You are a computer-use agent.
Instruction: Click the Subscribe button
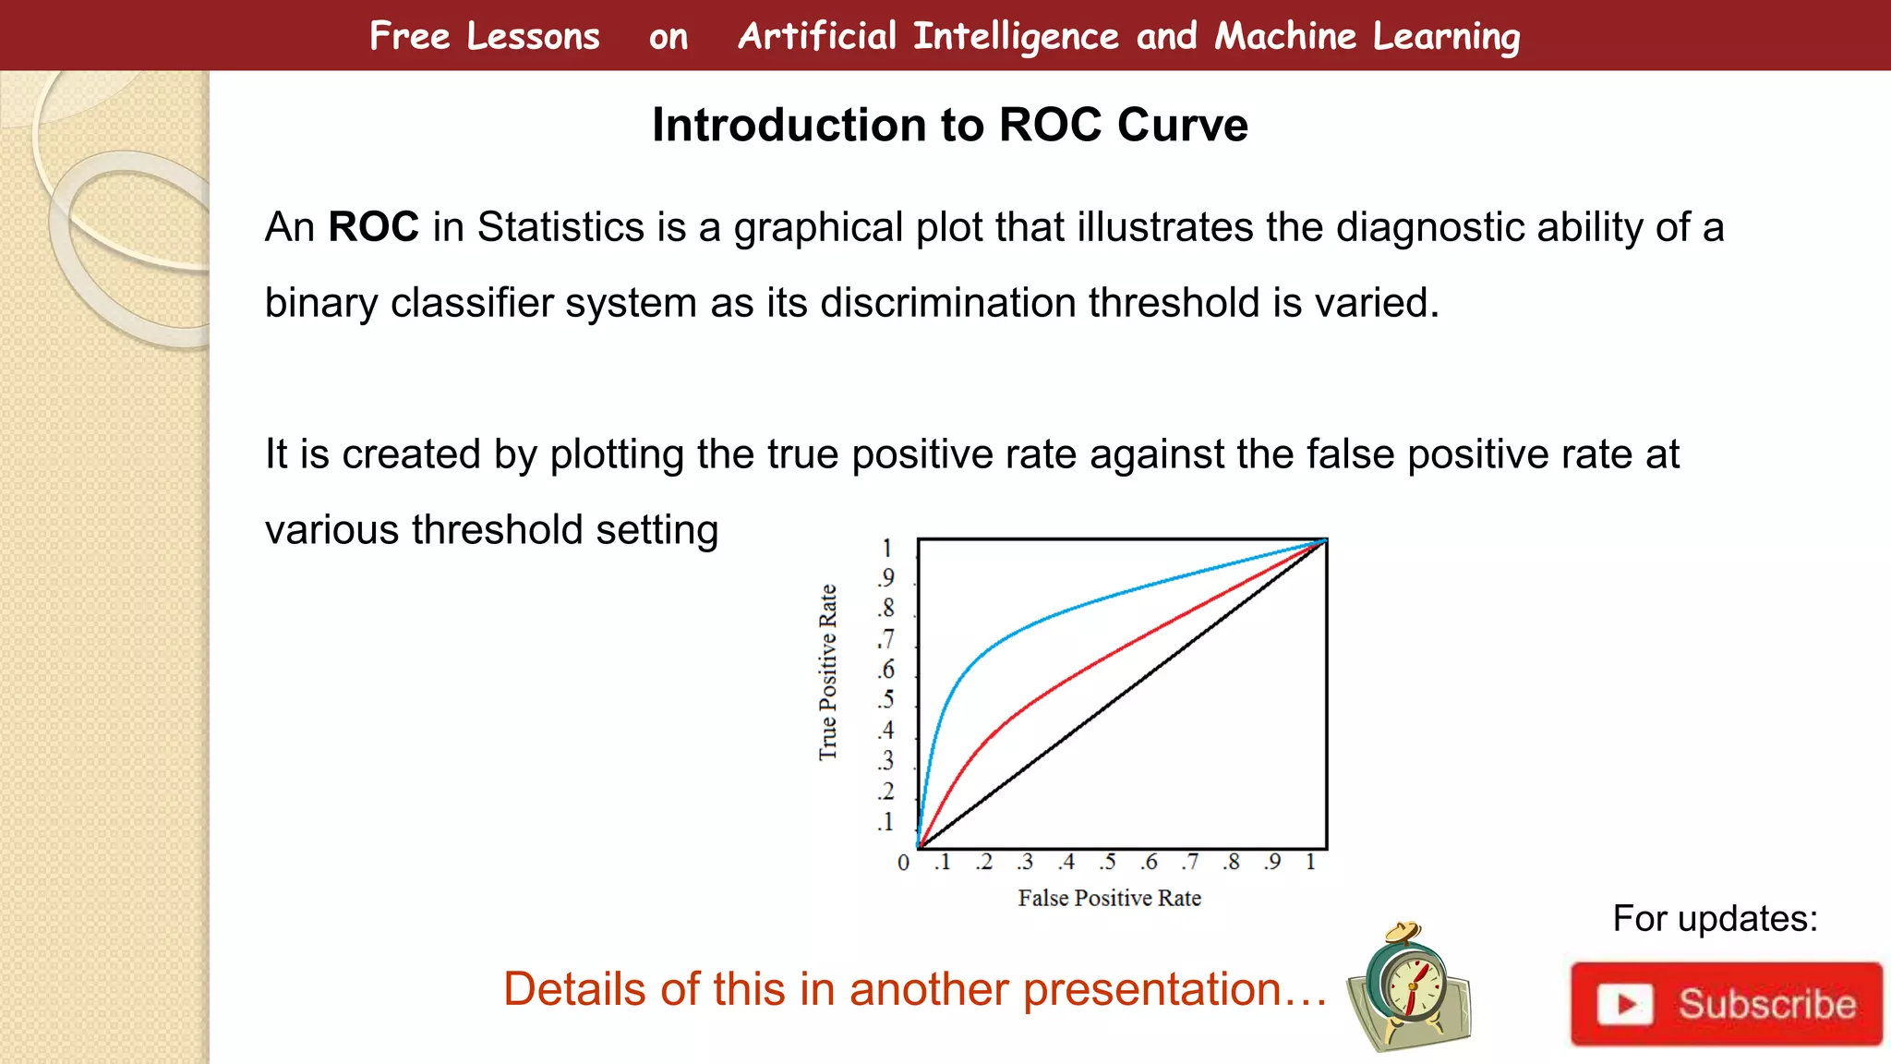[1726, 1004]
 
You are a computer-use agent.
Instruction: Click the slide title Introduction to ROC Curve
[949, 125]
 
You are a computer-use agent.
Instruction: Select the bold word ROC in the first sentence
[373, 227]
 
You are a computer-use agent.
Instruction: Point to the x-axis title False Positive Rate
[1109, 898]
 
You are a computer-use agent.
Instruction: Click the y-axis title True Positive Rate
[828, 672]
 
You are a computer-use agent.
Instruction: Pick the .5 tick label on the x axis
[1107, 862]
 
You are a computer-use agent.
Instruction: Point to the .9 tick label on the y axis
[886, 578]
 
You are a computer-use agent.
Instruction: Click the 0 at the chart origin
[903, 863]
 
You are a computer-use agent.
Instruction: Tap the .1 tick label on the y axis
[886, 822]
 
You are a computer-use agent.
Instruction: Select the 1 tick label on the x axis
[1310, 862]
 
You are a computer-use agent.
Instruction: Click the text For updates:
[1715, 919]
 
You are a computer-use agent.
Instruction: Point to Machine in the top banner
[1285, 36]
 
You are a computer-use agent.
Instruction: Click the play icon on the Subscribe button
[1624, 1004]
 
